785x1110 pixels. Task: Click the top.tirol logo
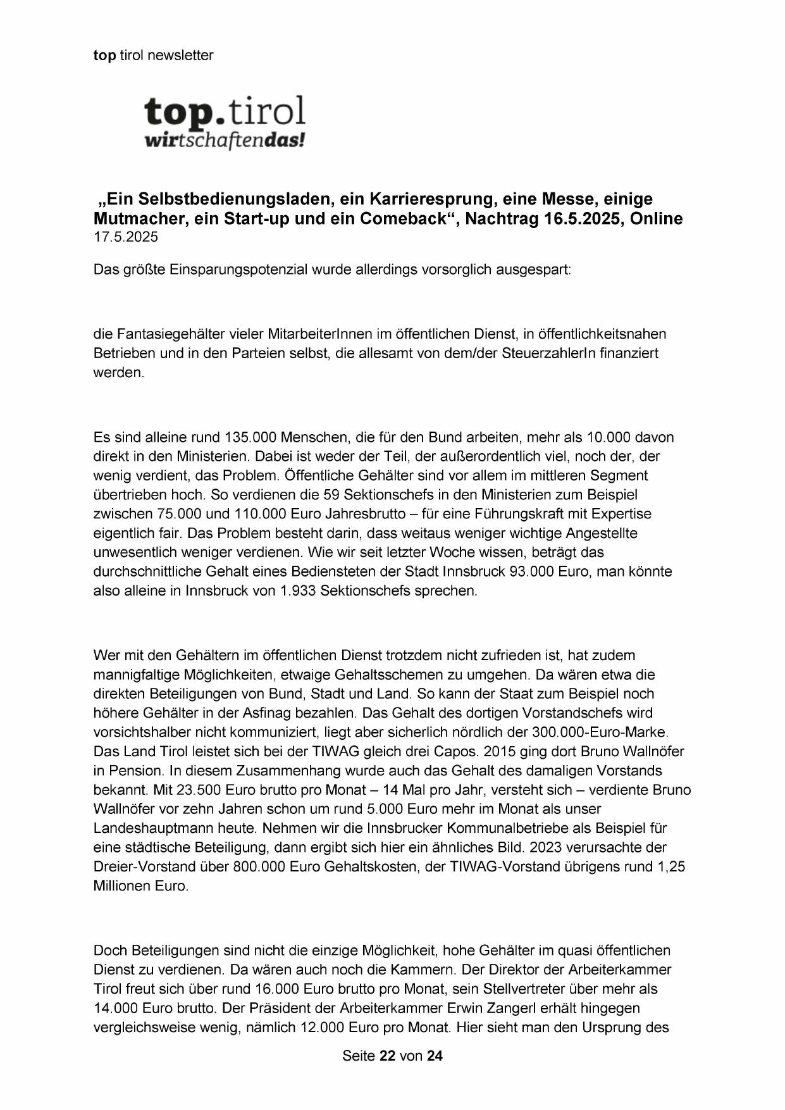tap(225, 112)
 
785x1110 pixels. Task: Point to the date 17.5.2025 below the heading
tap(126, 237)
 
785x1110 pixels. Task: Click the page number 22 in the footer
tap(387, 1056)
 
